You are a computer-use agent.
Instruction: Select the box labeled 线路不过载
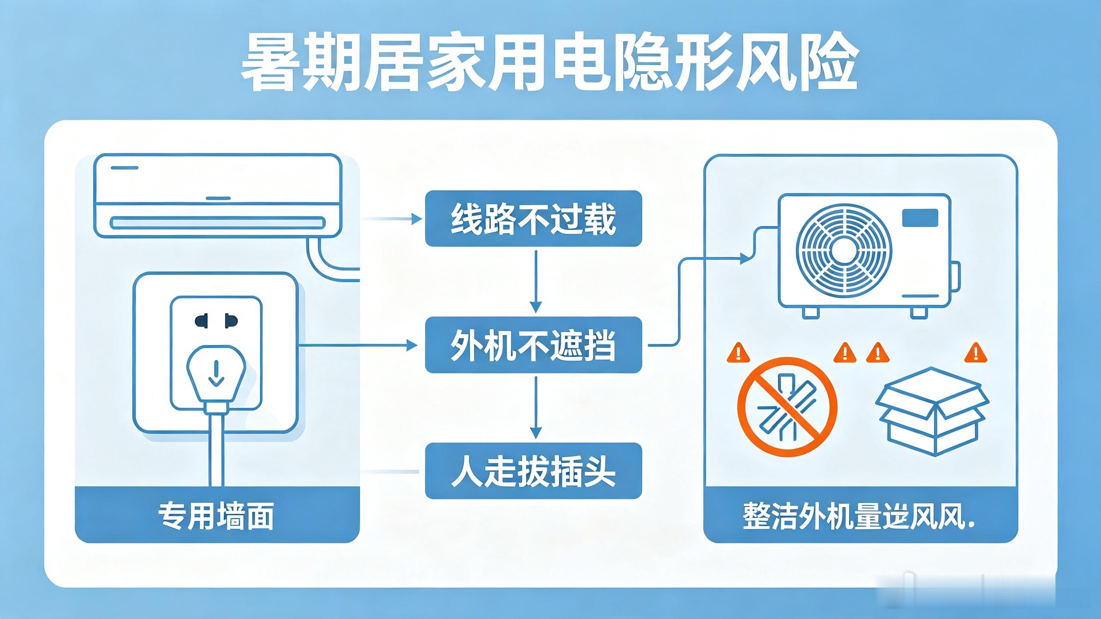point(533,219)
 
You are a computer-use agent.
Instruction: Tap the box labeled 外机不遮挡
point(533,345)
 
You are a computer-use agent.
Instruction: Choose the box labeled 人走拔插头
point(533,471)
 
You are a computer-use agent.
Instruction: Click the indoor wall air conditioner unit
point(218,195)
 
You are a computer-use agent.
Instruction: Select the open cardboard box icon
point(932,412)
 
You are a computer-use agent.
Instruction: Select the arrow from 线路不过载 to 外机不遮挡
point(535,282)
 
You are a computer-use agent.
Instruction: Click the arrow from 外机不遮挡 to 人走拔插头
point(535,407)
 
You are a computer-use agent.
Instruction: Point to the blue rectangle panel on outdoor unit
point(920,218)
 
